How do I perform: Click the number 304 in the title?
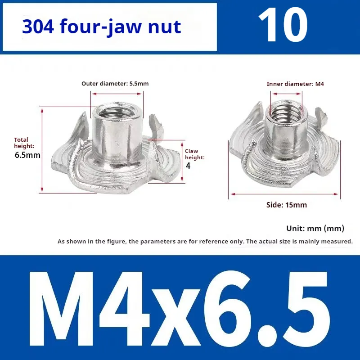38,27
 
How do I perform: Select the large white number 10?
283,25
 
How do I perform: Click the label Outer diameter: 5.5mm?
115,84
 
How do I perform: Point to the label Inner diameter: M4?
295,84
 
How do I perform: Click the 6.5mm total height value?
27,155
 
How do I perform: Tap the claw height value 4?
188,166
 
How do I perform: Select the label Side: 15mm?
287,205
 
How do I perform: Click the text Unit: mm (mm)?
315,229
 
